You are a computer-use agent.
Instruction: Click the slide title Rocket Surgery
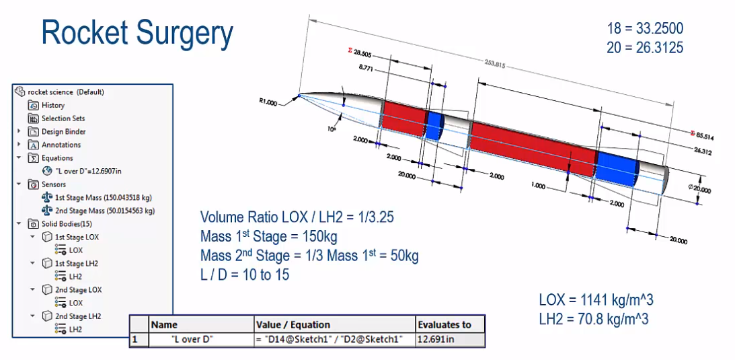click(x=137, y=33)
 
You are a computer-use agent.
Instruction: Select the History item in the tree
click(x=52, y=105)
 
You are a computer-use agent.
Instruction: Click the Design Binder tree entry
click(x=63, y=131)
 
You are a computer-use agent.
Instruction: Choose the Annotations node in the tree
click(x=61, y=145)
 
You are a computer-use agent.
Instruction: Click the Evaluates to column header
click(x=444, y=324)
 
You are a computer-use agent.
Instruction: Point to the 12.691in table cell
click(x=437, y=339)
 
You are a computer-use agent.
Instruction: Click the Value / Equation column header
click(x=294, y=324)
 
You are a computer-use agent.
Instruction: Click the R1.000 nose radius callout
click(x=267, y=102)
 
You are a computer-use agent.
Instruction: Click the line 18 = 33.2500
click(x=644, y=28)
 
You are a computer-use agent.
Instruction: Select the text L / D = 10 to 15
click(x=245, y=275)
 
